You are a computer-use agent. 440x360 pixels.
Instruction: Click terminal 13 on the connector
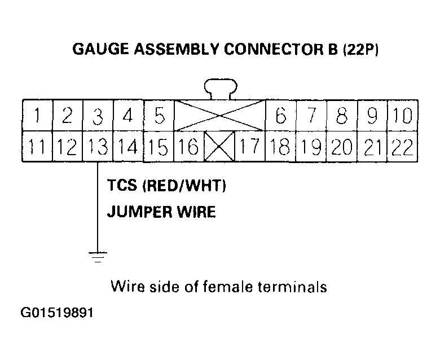98,147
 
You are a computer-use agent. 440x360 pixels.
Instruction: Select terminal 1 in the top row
37,116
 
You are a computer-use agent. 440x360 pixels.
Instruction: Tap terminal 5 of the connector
159,116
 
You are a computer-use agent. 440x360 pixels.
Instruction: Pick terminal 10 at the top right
402,116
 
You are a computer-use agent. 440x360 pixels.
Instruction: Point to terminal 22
402,147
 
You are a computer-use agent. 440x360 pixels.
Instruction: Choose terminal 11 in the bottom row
37,147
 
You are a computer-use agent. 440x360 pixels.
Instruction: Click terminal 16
190,147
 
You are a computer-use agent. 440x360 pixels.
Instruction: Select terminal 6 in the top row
280,116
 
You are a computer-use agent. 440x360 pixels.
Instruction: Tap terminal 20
341,147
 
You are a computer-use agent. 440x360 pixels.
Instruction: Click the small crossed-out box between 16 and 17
220,147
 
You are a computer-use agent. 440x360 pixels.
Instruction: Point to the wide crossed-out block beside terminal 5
220,116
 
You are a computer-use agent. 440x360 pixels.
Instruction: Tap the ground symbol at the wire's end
98,257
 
